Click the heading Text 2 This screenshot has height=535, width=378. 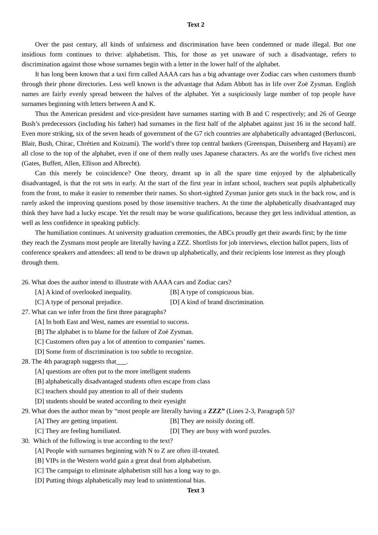pyautogui.click(x=195, y=25)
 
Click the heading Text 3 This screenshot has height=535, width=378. pyautogui.click(x=195, y=490)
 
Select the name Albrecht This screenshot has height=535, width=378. pyautogui.click(x=126, y=163)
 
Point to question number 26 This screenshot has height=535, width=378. pyautogui.click(x=25, y=282)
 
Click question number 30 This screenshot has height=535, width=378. pyautogui.click(x=25, y=441)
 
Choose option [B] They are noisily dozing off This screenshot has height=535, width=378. pyautogui.click(x=212, y=421)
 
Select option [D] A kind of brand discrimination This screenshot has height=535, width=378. pyautogui.click(x=217, y=302)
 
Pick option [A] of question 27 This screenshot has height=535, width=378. pyautogui.click(x=112, y=322)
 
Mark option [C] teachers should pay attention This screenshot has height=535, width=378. pyautogui.click(x=109, y=391)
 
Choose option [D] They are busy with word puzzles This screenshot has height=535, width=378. pyautogui.click(x=220, y=431)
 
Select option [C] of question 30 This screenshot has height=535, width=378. pyautogui.click(x=127, y=471)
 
